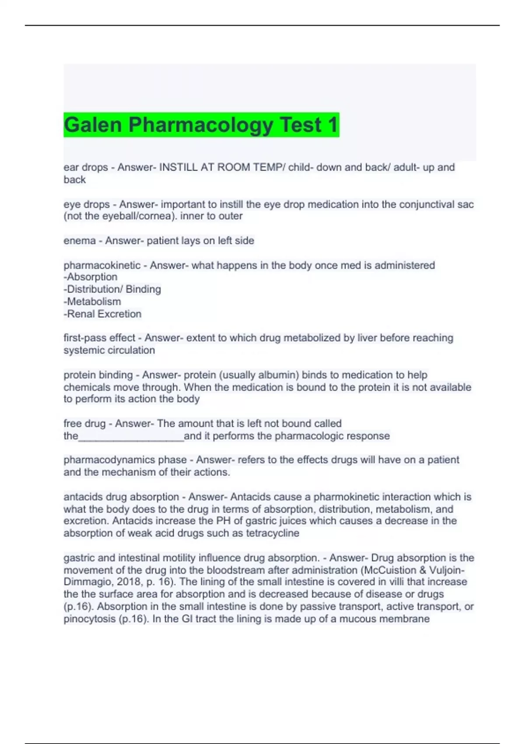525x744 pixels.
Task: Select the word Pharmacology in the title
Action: pyautogui.click(x=201, y=125)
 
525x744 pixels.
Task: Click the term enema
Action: pyautogui.click(x=80, y=241)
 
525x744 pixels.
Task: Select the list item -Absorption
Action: pyautogui.click(x=91, y=277)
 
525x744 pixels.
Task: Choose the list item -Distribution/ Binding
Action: pyautogui.click(x=112, y=289)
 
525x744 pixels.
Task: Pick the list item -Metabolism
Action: pyautogui.click(x=92, y=302)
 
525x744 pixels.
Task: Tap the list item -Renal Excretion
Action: pyautogui.click(x=102, y=314)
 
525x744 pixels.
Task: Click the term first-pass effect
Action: pyautogui.click(x=99, y=338)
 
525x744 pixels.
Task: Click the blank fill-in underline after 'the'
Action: pyautogui.click(x=131, y=437)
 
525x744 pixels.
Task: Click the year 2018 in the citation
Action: pyautogui.click(x=129, y=582)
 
